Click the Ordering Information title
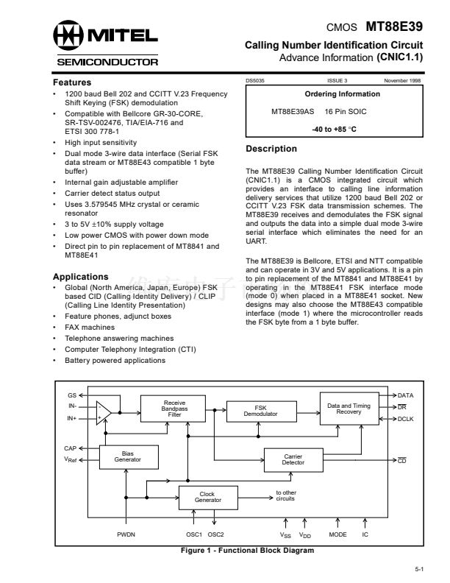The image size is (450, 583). click(342, 94)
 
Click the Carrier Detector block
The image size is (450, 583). click(293, 459)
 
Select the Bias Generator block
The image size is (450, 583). click(127, 456)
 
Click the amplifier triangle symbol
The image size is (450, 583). click(104, 411)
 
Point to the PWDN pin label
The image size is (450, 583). click(126, 534)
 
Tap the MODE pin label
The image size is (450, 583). click(337, 534)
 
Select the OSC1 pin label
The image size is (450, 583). click(194, 534)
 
